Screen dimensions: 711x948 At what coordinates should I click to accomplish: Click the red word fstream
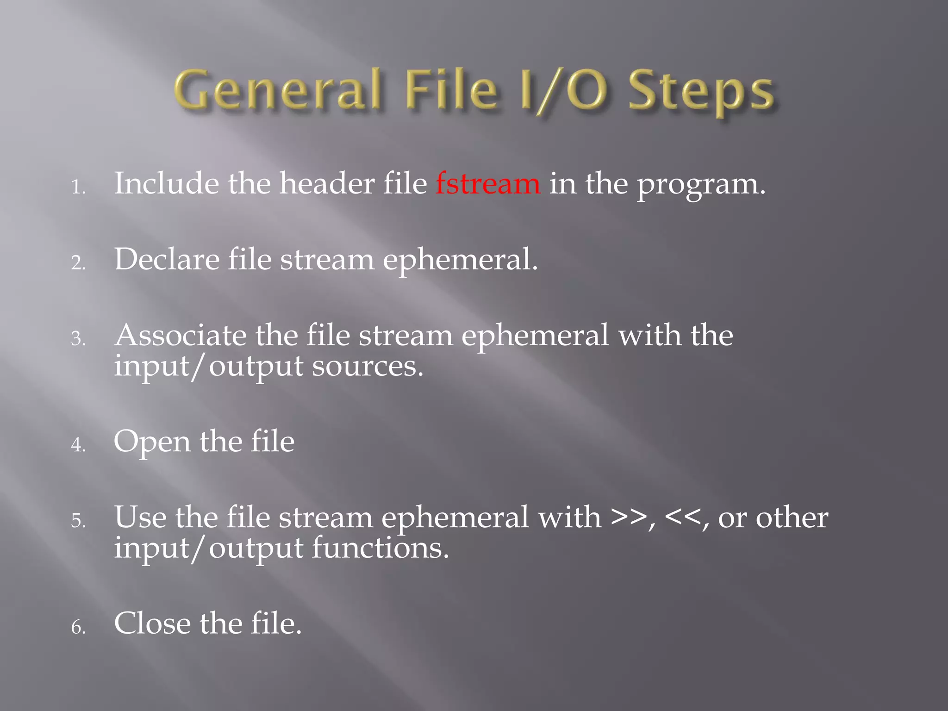pyautogui.click(x=487, y=184)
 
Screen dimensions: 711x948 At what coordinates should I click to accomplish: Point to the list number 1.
pyautogui.click(x=78, y=187)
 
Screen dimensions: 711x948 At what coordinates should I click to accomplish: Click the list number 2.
pyautogui.click(x=78, y=263)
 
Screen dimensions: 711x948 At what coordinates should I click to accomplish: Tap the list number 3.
pyautogui.click(x=78, y=339)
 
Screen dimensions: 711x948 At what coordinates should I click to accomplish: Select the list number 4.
pyautogui.click(x=78, y=445)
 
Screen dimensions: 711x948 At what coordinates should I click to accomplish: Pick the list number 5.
pyautogui.click(x=78, y=521)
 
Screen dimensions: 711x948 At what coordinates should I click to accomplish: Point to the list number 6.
pyautogui.click(x=78, y=627)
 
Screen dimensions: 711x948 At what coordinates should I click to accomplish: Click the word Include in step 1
pyautogui.click(x=167, y=184)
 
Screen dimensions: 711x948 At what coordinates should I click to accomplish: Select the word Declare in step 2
pyautogui.click(x=167, y=259)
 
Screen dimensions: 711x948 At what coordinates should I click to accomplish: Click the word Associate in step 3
pyautogui.click(x=181, y=335)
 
